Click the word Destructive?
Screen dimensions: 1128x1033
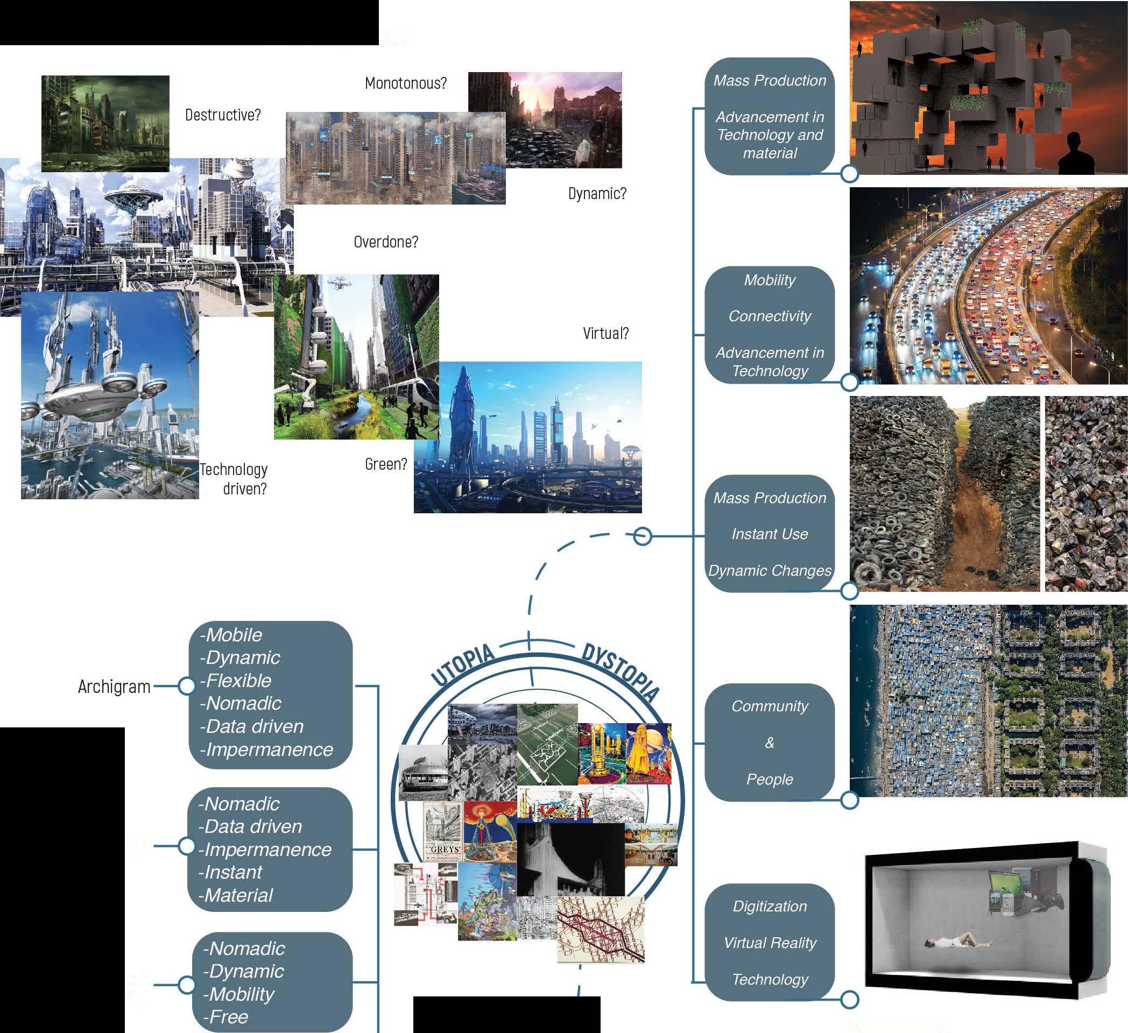(x=223, y=115)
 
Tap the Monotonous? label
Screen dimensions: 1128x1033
(x=406, y=83)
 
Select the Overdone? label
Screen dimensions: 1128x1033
(x=385, y=242)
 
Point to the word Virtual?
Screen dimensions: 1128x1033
(x=605, y=334)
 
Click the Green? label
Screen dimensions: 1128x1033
(x=385, y=464)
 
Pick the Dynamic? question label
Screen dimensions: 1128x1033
(x=597, y=194)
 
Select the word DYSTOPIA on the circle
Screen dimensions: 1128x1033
(x=620, y=671)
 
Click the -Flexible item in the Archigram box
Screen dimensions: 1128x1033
(x=236, y=681)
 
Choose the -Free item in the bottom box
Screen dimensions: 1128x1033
(x=225, y=1017)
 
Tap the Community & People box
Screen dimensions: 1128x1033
(x=770, y=742)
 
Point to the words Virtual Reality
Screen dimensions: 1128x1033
(x=770, y=943)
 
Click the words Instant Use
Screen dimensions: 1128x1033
(x=770, y=534)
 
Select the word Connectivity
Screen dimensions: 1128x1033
(x=770, y=316)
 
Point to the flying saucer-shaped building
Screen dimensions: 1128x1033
(x=133, y=196)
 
